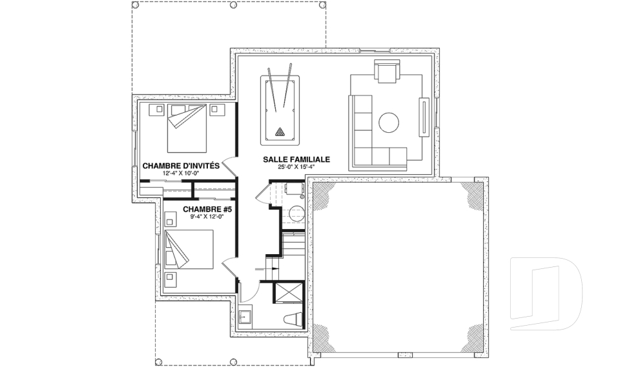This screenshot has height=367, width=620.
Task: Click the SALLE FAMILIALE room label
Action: pyautogui.click(x=296, y=159)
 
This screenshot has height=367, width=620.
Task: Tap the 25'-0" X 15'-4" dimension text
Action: pyautogui.click(x=296, y=166)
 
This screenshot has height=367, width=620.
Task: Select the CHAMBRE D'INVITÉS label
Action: pyautogui.click(x=181, y=166)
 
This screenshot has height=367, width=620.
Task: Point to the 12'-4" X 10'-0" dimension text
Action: pyautogui.click(x=180, y=174)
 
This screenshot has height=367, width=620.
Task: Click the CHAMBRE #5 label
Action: pyautogui.click(x=207, y=209)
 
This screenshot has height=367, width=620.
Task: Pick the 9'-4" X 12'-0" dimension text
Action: pyautogui.click(x=207, y=217)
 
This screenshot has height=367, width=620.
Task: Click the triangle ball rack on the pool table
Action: pyautogui.click(x=280, y=132)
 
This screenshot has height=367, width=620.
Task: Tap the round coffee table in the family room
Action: pyautogui.click(x=389, y=123)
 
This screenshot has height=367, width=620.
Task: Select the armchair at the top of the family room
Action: pyautogui.click(x=387, y=72)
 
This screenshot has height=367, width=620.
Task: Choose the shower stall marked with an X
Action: pyautogui.click(x=289, y=293)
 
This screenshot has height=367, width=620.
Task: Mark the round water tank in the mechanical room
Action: pyautogui.click(x=296, y=214)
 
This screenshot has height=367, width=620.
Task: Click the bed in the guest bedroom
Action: pyautogui.click(x=187, y=128)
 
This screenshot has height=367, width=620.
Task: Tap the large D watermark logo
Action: pyautogui.click(x=546, y=293)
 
